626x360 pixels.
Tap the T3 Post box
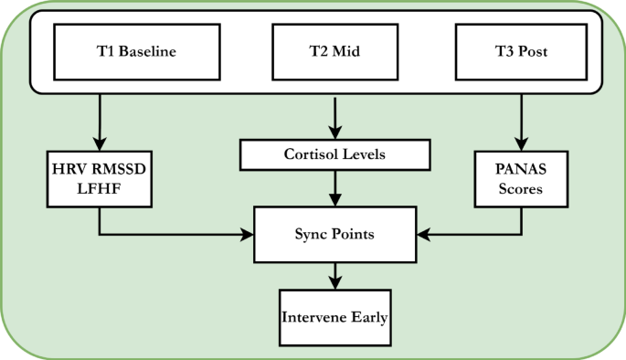pyautogui.click(x=521, y=51)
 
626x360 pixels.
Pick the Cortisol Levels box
pyautogui.click(x=334, y=154)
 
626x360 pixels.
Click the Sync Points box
pyautogui.click(x=334, y=235)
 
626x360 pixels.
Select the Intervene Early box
pyautogui.click(x=334, y=318)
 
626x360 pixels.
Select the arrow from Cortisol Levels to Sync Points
pyautogui.click(x=334, y=188)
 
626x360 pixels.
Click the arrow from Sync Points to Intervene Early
pyautogui.click(x=334, y=274)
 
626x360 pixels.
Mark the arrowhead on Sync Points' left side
pyautogui.click(x=248, y=236)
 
